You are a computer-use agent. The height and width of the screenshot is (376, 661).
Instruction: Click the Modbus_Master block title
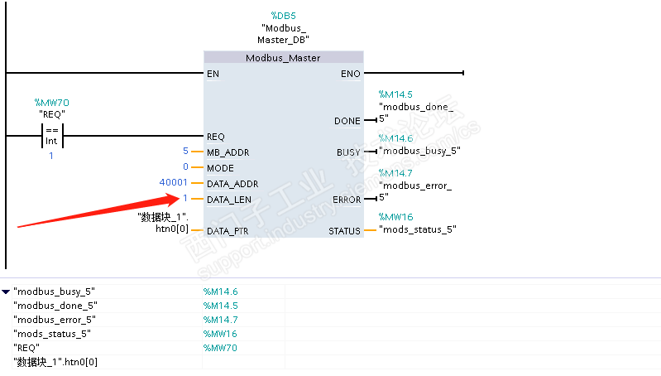pos(283,58)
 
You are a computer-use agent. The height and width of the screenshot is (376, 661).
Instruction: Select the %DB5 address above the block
pos(284,16)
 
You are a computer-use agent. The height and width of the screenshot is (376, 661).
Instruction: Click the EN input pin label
pos(213,74)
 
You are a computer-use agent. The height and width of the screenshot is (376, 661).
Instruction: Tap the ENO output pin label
pos(350,74)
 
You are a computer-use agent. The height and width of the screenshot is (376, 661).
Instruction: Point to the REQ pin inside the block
pos(215,136)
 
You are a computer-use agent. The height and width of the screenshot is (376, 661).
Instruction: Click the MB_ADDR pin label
pos(228,152)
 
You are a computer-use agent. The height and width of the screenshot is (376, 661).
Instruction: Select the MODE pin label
pos(220,167)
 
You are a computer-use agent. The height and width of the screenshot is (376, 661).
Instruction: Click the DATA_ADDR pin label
pos(232,183)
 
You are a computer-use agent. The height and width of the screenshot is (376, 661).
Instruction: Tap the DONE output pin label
pos(347,121)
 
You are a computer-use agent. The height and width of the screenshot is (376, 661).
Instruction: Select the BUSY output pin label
pos(348,152)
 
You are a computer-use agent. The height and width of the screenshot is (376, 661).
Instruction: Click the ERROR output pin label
pos(346,199)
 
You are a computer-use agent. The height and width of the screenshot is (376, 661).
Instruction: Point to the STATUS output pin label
pos(344,230)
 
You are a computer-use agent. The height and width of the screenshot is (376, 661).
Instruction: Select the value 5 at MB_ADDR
pos(185,151)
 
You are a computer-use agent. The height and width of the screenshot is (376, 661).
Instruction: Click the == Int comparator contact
pos(51,136)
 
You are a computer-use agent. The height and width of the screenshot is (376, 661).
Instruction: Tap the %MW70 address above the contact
pos(51,103)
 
